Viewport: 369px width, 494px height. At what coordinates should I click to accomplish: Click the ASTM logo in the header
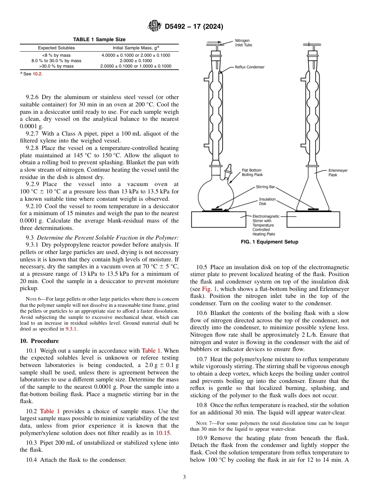(155, 26)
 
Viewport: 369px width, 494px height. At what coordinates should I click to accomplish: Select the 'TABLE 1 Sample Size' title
(99, 40)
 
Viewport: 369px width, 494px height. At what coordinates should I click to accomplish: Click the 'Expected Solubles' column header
(56, 48)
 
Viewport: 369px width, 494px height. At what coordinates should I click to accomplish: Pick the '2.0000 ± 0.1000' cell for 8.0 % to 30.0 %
(136, 61)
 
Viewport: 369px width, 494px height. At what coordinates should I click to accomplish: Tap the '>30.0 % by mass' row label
(56, 66)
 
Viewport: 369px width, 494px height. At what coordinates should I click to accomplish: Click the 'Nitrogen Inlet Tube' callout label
(243, 43)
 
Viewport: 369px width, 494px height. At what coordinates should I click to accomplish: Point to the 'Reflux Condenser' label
(249, 67)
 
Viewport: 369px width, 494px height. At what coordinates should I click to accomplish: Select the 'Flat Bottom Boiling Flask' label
(252, 172)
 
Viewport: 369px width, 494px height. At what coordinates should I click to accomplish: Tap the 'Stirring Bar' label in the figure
(265, 187)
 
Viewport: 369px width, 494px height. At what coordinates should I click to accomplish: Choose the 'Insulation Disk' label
(267, 201)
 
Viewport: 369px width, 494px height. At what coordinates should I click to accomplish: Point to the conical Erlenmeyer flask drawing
(313, 194)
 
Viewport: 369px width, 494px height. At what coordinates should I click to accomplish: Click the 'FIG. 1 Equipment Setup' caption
(269, 242)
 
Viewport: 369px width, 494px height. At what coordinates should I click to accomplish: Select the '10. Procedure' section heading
(39, 341)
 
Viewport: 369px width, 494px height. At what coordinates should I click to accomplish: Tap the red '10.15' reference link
(163, 433)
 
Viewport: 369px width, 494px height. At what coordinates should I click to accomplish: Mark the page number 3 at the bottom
(184, 477)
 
